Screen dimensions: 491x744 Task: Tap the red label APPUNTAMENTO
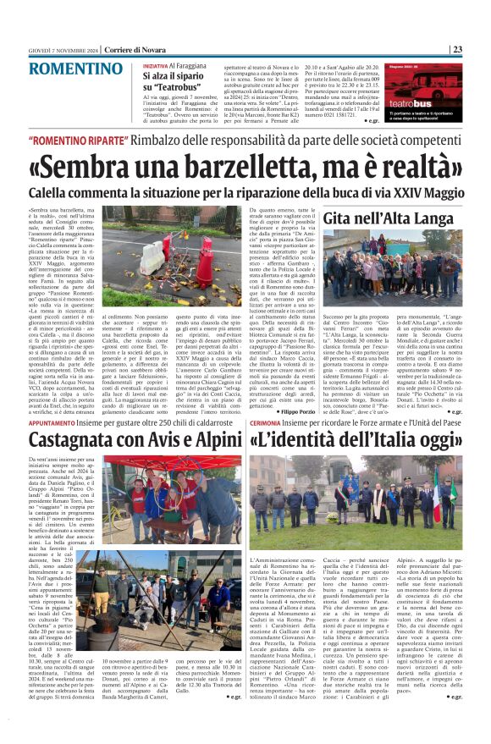(x=77, y=421)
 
